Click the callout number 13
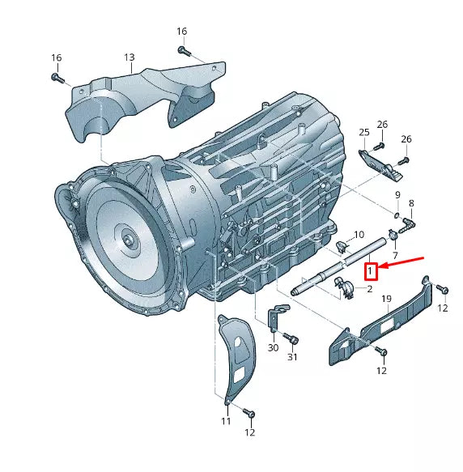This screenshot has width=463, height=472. click(130, 57)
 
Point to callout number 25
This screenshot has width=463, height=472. click(364, 133)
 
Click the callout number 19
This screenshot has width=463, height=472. click(387, 300)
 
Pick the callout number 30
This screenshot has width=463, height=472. click(273, 347)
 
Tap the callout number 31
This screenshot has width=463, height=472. click(293, 357)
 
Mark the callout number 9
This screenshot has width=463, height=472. click(398, 196)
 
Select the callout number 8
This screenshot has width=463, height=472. click(411, 203)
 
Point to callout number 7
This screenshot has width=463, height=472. click(395, 256)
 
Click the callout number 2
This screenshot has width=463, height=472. click(369, 288)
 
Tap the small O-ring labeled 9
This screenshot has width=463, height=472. click(396, 215)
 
